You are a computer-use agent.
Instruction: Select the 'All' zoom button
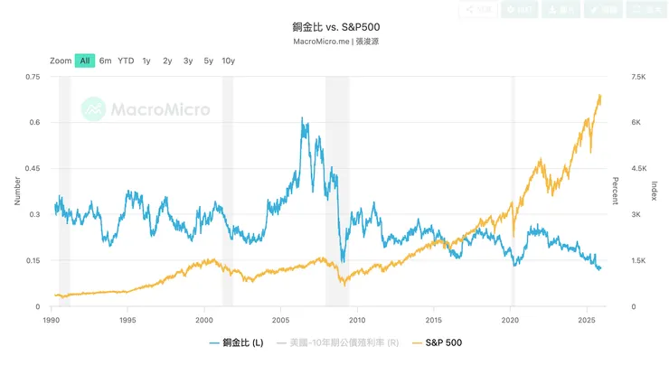[x=85, y=61]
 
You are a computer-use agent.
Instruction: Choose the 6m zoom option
[x=106, y=61]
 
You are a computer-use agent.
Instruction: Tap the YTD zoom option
[x=126, y=61]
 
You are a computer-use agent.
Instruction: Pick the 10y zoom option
[x=228, y=61]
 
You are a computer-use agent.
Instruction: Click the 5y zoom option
[x=208, y=61]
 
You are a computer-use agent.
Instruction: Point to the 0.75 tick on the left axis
[x=33, y=78]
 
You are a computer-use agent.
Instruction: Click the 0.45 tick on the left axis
[x=33, y=169]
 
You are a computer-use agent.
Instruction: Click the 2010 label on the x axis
[x=357, y=319]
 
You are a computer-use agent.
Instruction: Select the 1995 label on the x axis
[x=127, y=319]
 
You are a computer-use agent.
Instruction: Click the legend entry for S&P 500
[x=437, y=343]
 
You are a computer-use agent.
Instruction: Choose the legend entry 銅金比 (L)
[x=236, y=343]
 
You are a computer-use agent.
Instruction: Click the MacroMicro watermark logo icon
[x=93, y=110]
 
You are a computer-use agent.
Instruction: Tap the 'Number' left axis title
[x=18, y=192]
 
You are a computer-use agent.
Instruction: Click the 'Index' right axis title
[x=654, y=192]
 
